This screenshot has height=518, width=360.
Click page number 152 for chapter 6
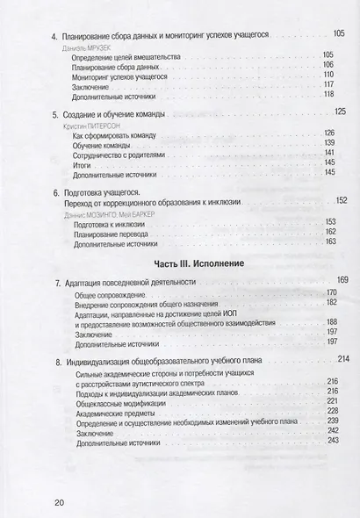[341, 200]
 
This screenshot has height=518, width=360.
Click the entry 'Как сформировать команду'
[123, 138]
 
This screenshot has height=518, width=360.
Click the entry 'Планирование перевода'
[117, 234]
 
